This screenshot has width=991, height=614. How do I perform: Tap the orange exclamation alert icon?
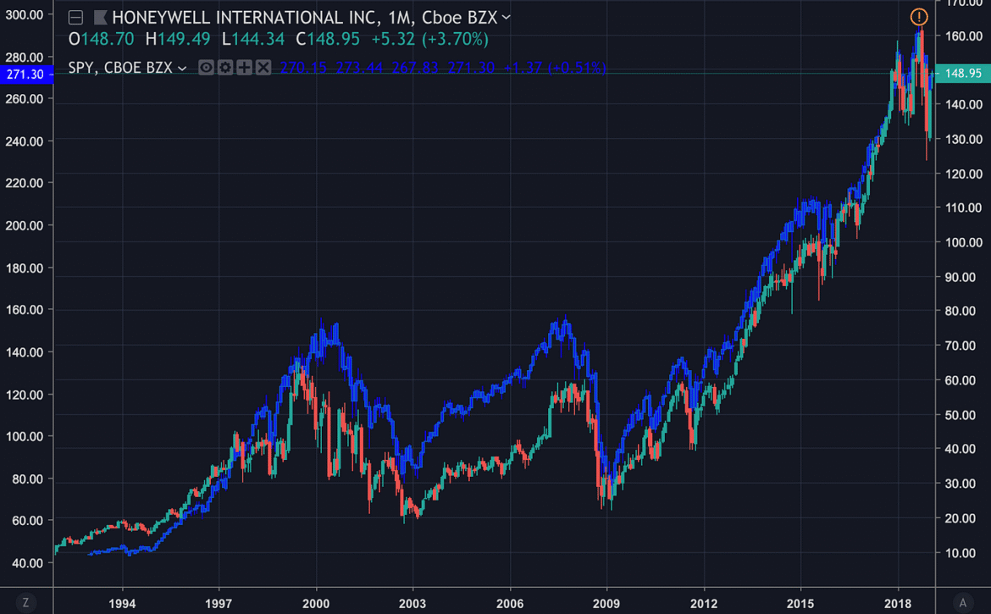tap(919, 16)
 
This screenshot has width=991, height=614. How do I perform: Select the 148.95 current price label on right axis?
tap(963, 74)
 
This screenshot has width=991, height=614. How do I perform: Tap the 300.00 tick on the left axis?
tap(25, 14)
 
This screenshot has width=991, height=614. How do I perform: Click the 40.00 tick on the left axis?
tap(25, 563)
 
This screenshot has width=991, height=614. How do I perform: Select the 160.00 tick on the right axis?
tap(963, 36)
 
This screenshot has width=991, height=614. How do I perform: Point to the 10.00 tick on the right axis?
tap(963, 553)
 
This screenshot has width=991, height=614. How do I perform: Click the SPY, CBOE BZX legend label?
tap(121, 67)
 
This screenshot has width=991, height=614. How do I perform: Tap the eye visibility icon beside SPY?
tap(206, 67)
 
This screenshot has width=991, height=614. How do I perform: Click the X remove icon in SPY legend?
tap(263, 67)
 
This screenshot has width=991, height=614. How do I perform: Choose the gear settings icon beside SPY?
tap(225, 67)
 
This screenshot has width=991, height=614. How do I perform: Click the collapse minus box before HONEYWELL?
tap(75, 17)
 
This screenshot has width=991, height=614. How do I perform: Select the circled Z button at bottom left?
tap(26, 602)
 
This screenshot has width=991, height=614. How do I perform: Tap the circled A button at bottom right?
tap(963, 602)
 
